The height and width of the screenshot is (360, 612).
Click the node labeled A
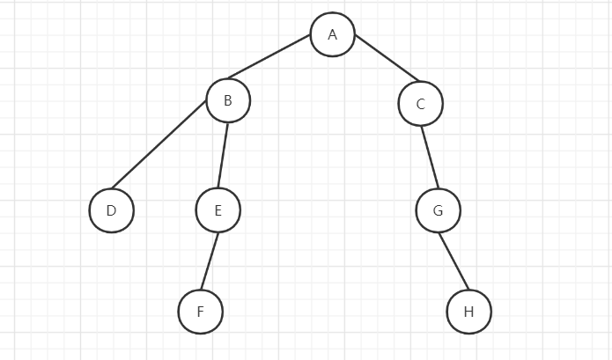333,34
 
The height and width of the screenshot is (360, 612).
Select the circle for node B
228,100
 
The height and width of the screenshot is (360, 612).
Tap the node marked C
421,104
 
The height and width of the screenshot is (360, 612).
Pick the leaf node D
112,210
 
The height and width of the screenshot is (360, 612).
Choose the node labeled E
218,210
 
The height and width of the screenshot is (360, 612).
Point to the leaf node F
201,312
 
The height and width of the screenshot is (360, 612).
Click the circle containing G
439,210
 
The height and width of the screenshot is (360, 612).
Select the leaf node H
469,312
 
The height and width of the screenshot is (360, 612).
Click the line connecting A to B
269,56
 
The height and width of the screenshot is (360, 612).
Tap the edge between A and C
387,58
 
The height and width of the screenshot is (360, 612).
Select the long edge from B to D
159,144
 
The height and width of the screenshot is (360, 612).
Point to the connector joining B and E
223,155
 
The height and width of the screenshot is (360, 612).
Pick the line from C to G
430,158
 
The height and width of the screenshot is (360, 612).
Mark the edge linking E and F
210,261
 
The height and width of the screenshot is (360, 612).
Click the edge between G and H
453,261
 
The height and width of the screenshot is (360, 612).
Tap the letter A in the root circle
333,34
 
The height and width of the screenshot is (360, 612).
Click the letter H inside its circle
469,312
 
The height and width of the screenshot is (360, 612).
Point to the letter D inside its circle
111,210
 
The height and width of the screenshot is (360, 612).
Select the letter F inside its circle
201,312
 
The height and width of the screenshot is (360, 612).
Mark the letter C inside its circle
421,104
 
